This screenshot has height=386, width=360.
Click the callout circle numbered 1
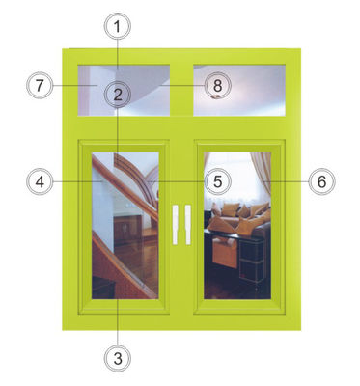[118, 27]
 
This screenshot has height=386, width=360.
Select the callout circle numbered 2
[118, 95]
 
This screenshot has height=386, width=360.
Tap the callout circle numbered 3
[118, 358]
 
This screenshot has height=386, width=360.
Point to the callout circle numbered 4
[40, 182]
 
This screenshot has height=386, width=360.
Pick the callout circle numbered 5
[218, 181]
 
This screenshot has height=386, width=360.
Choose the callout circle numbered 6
[321, 181]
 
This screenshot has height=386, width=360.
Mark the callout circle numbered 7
[40, 86]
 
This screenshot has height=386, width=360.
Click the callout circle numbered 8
[218, 86]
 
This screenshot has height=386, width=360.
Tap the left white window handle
[175, 225]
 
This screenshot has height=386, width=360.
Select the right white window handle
[188, 225]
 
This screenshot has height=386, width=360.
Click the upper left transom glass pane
[124, 91]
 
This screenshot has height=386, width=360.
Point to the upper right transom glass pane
[239, 91]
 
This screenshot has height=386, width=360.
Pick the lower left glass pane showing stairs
[125, 226]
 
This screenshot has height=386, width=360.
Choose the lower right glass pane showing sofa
[237, 226]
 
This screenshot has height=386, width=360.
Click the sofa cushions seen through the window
[238, 215]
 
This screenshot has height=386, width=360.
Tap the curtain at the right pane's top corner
[262, 172]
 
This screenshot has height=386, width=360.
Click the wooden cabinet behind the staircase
[128, 228]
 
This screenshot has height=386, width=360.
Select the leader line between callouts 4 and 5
[128, 182]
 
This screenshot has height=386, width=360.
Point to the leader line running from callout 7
[75, 86]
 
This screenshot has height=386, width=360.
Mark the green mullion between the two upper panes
[181, 91]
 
